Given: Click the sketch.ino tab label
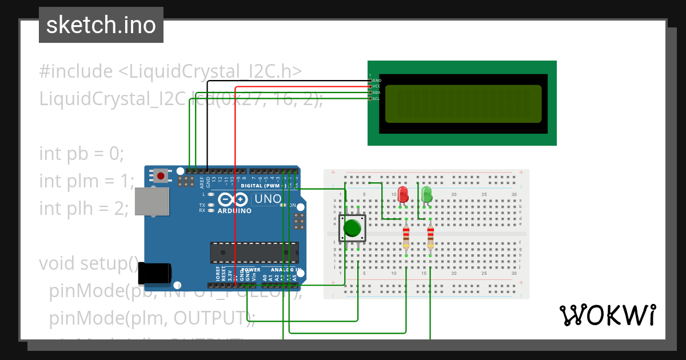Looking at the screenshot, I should coord(101,25).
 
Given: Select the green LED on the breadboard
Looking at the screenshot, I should coord(426,194).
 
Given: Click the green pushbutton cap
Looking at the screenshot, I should coord(352,228).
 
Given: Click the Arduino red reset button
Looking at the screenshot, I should coord(161,176).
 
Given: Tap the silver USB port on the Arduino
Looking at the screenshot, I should coord(151,202).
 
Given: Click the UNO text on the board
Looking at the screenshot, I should coord(268,199).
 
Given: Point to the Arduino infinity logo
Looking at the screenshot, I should coord(233,200).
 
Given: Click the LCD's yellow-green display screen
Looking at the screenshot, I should coord(463,104).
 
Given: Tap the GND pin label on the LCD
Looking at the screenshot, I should coord(377,81).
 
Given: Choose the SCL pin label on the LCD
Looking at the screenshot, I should coord(376,99).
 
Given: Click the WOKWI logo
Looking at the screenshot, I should coord(607,315).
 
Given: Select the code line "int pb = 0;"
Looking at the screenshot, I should coord(81,154).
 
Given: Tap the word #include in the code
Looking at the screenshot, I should coord(76,71).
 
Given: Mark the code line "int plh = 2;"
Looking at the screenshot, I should coord(84,209).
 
